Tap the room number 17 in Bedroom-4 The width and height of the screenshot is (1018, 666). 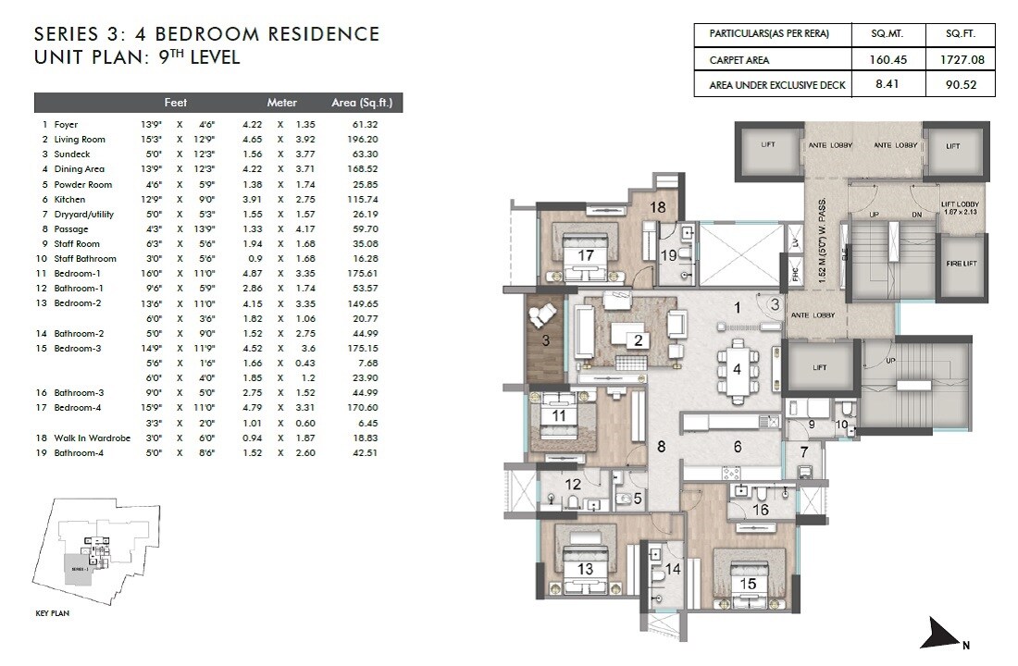(x=586, y=255)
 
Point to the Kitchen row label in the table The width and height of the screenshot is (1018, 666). (x=69, y=199)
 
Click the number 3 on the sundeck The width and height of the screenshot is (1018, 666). (x=545, y=340)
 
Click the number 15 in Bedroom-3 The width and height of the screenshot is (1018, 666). (x=748, y=584)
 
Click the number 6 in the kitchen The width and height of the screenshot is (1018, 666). (x=738, y=447)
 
